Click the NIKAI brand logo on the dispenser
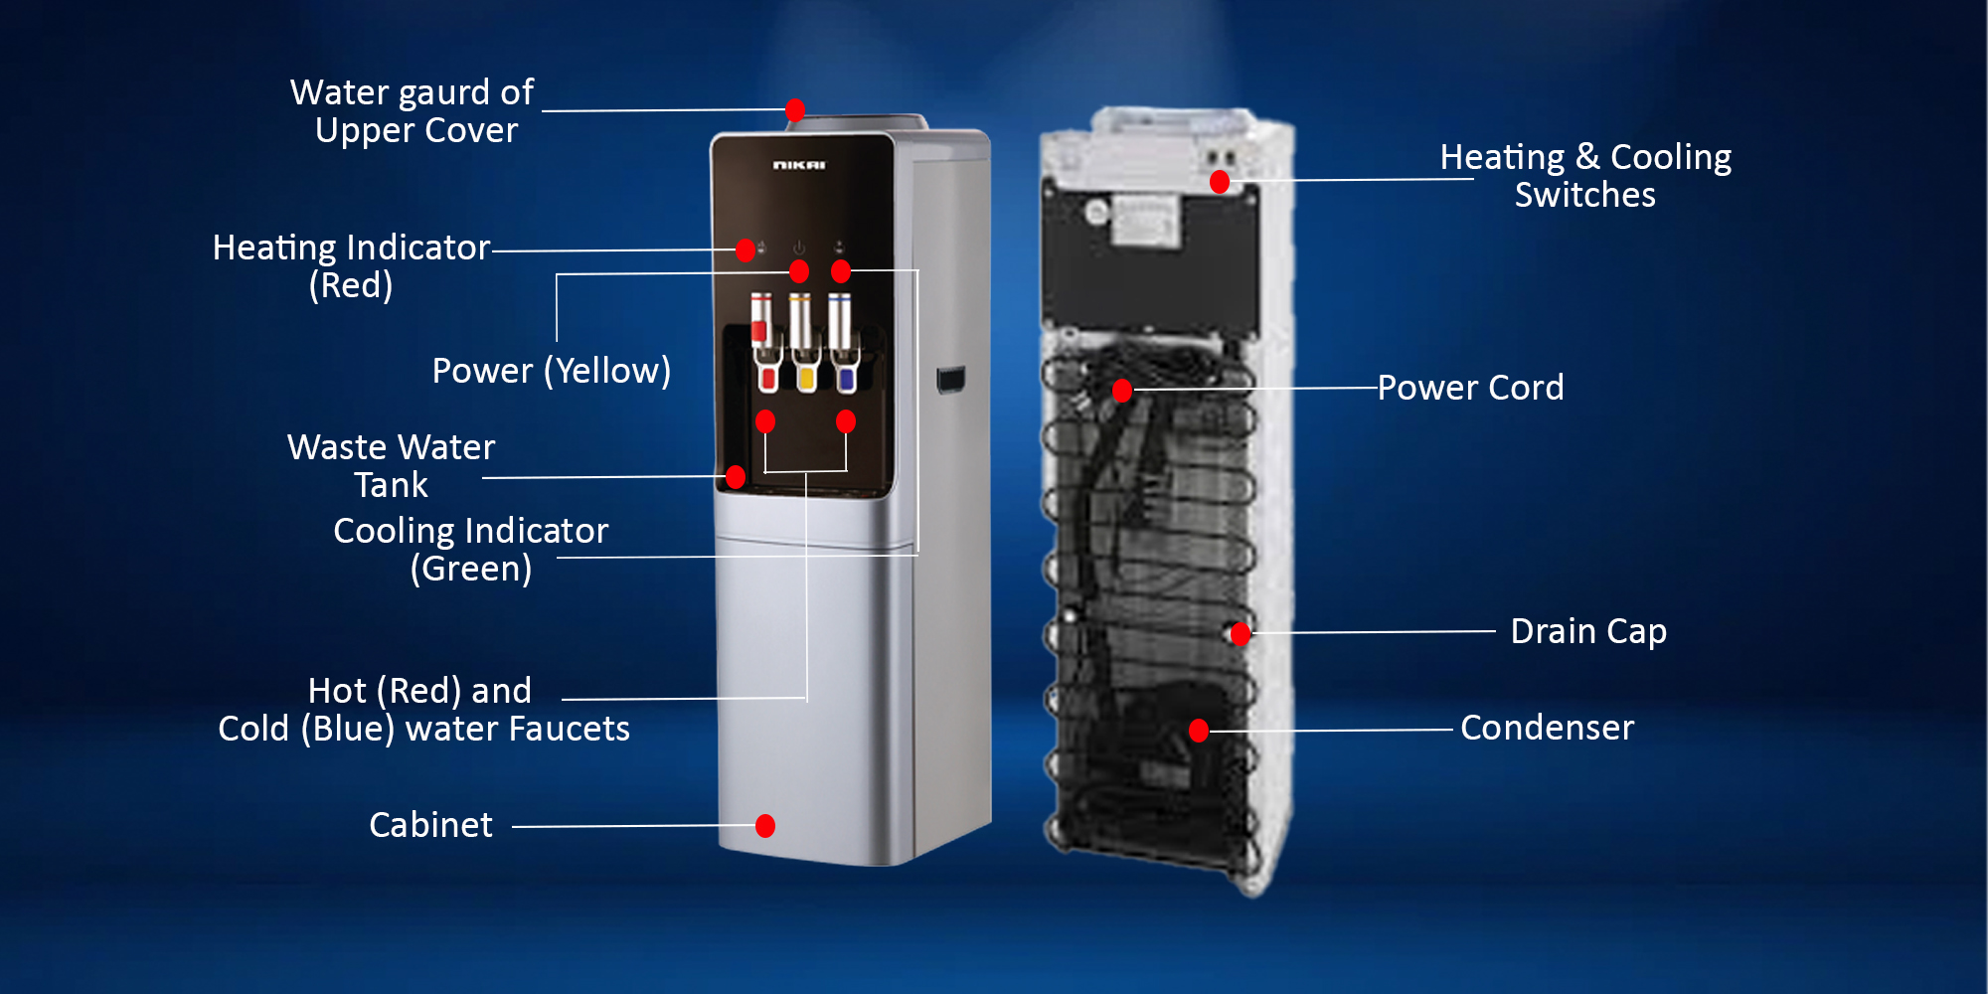point(799,165)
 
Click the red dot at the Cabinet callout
point(765,826)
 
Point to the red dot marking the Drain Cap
point(1241,633)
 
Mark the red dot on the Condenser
point(1199,731)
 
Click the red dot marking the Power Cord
point(1122,391)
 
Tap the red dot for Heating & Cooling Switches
point(1220,182)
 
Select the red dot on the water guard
point(795,110)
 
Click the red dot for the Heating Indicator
point(745,250)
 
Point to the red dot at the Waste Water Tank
point(736,477)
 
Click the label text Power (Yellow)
point(552,371)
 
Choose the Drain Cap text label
point(1588,631)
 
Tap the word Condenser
point(1547,728)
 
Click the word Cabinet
point(430,825)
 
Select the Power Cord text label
point(1470,388)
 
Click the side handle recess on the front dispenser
point(949,380)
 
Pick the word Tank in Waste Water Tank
point(391,485)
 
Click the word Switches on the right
point(1585,195)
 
